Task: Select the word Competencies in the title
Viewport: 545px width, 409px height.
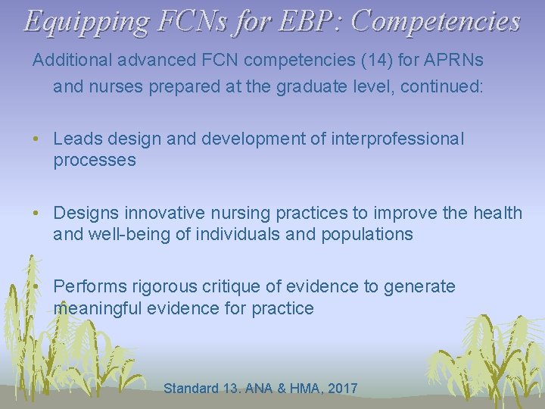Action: [x=438, y=20]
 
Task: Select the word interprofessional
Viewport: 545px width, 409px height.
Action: [x=397, y=139]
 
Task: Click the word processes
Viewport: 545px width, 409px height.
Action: [x=94, y=161]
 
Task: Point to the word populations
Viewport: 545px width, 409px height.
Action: [x=368, y=234]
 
